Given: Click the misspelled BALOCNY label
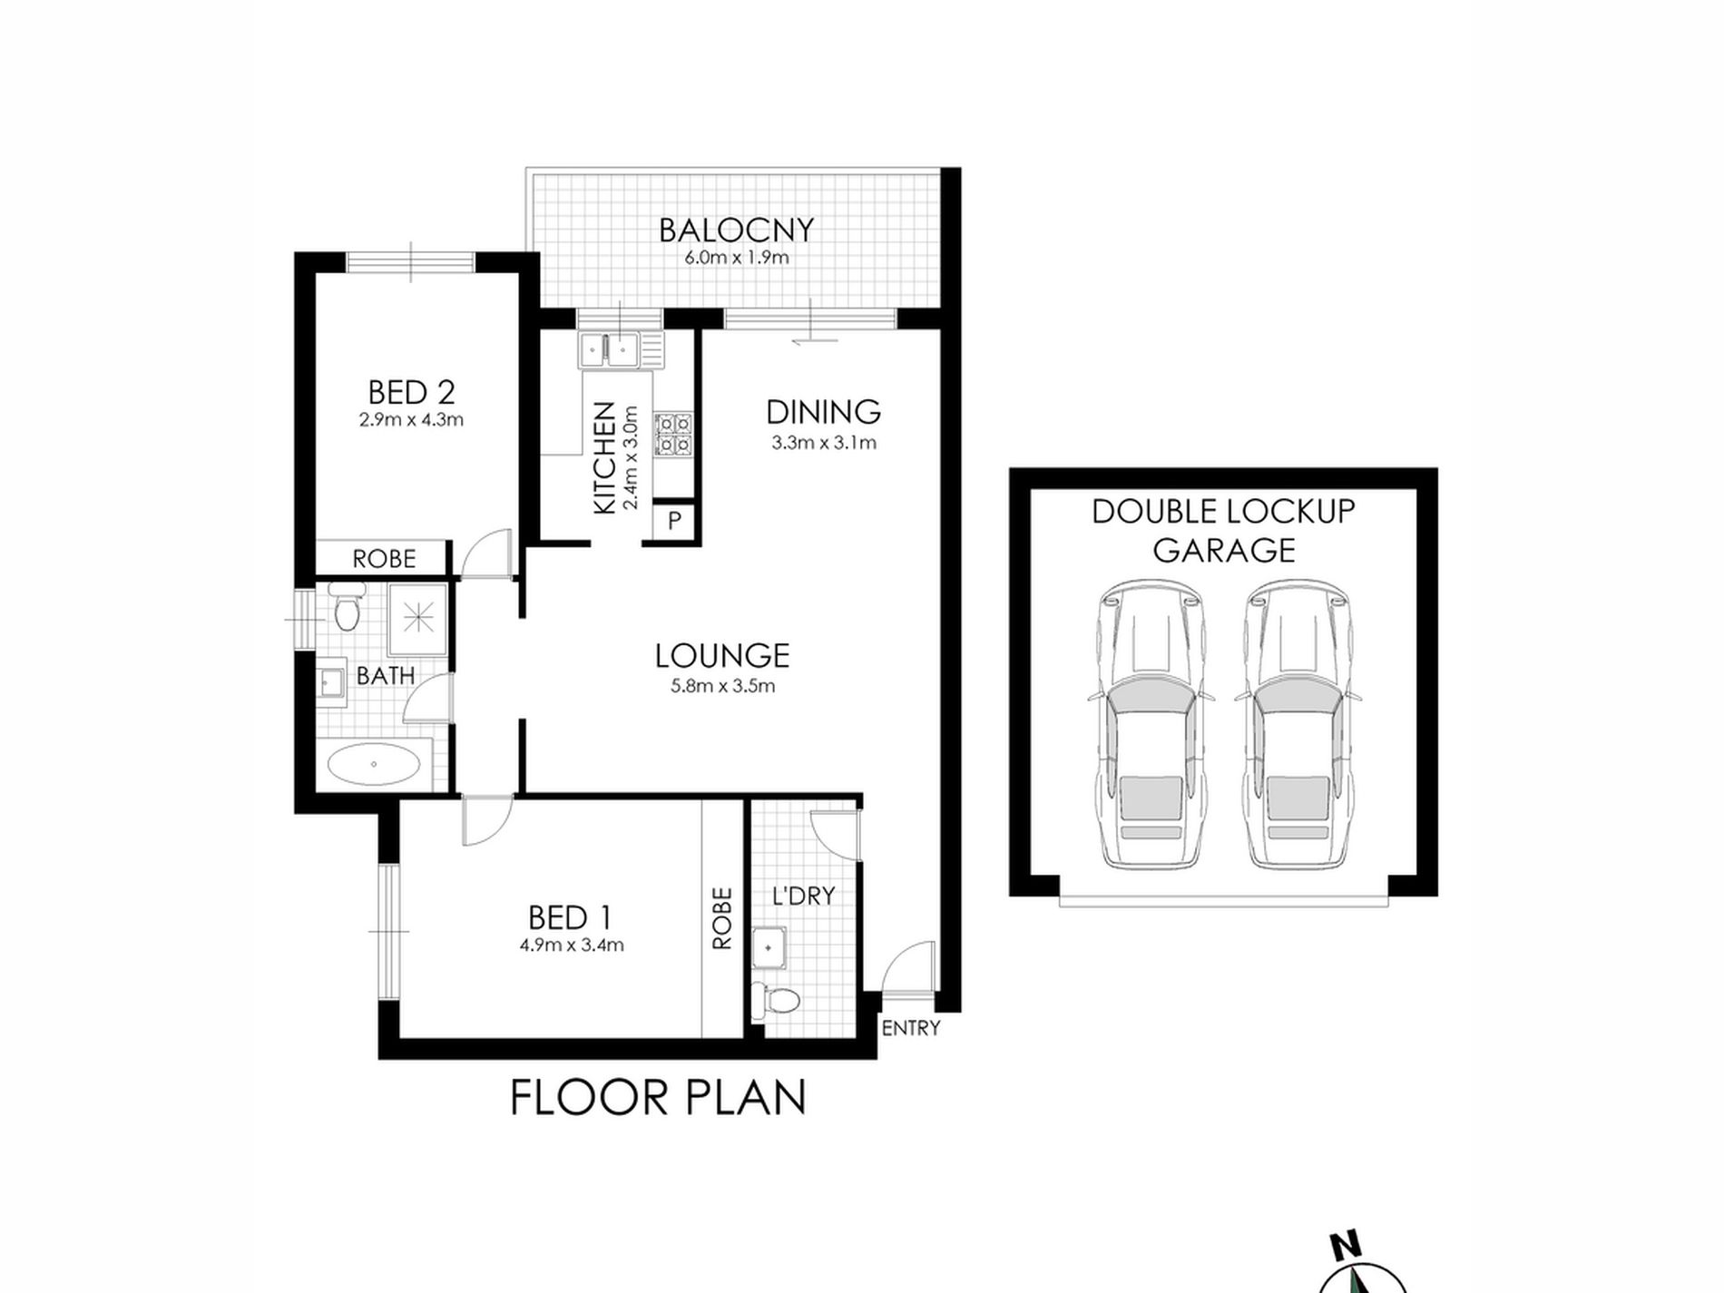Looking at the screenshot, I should click(736, 230).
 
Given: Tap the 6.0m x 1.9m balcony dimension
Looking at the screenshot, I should click(736, 258).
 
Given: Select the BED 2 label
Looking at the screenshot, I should click(411, 393).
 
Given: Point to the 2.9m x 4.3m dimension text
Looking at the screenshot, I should click(411, 420).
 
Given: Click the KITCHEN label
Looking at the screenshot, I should click(604, 458).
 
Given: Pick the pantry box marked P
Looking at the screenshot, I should click(674, 521).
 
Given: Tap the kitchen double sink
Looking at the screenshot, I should click(608, 349).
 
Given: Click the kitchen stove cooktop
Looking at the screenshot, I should click(674, 434).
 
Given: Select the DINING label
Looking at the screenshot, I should click(823, 412).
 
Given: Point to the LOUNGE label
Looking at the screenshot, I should click(722, 655).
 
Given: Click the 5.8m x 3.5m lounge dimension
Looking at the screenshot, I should click(722, 686).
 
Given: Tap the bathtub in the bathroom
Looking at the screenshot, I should click(373, 764).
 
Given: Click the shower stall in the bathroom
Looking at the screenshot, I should click(418, 620).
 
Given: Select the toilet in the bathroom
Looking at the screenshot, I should click(346, 608).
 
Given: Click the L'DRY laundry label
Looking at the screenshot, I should click(803, 896).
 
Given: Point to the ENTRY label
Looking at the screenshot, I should click(910, 1028).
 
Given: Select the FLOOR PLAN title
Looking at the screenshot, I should click(658, 1097).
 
